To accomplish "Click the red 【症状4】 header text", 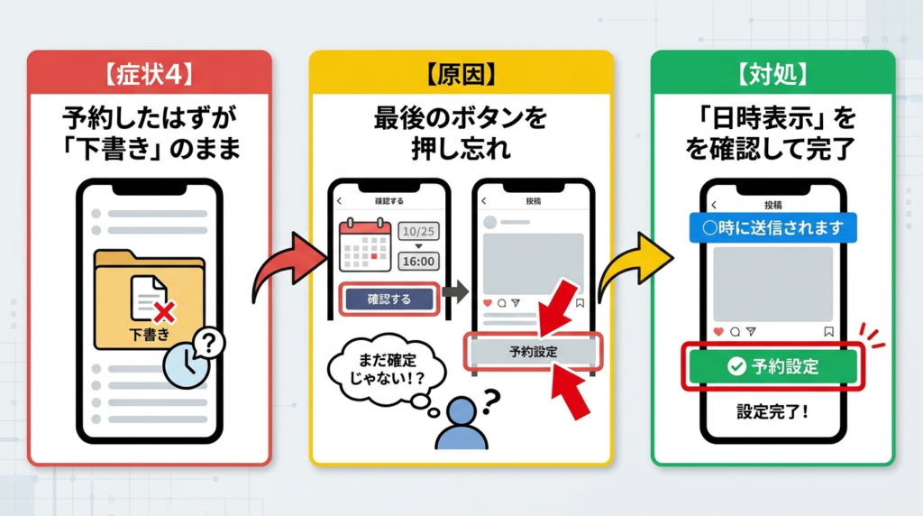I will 149,71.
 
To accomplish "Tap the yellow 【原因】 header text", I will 461,71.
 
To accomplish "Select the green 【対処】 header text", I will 772,71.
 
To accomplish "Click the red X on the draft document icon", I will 164,312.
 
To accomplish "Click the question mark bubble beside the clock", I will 210,343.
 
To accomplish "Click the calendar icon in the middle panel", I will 364,245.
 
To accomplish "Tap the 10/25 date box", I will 416,231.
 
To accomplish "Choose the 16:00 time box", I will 416,262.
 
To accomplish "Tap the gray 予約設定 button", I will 532,352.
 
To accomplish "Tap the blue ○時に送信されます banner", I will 772,227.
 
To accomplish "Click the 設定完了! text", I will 772,411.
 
